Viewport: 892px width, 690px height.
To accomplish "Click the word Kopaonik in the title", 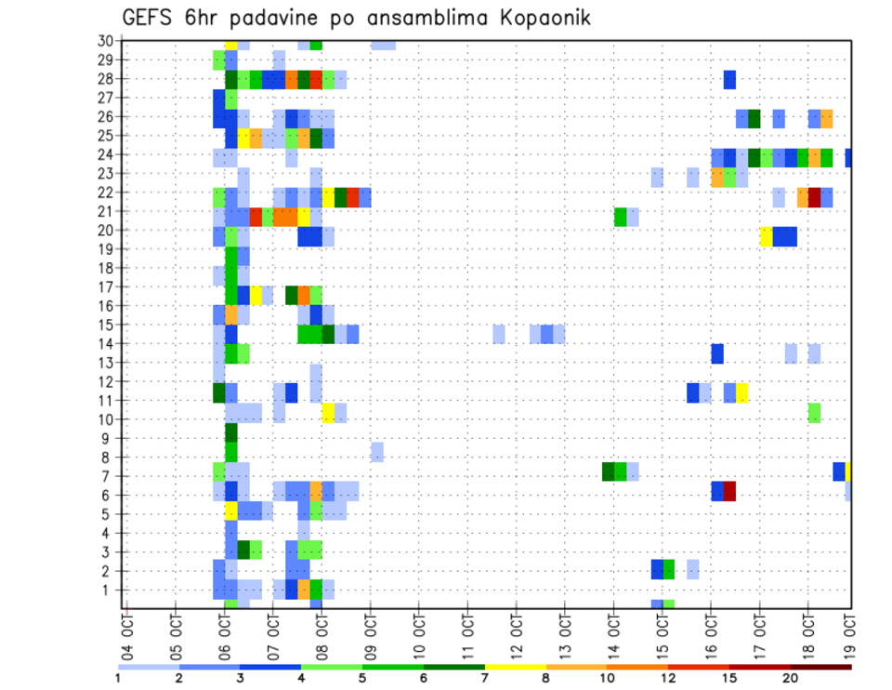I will click(x=543, y=18).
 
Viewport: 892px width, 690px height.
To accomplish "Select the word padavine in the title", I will click(x=269, y=18).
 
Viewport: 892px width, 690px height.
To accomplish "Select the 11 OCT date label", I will click(x=467, y=634).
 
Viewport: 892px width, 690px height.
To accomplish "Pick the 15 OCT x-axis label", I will click(x=662, y=634).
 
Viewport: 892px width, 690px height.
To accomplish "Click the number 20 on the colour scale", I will click(x=791, y=678).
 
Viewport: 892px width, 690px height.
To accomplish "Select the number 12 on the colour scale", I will click(x=668, y=678).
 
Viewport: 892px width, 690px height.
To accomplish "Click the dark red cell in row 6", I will click(x=729, y=490).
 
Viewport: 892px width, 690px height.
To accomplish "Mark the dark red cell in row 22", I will click(x=814, y=197).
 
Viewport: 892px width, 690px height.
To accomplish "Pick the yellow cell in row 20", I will click(x=767, y=236).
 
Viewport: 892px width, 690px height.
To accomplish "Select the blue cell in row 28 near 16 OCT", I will click(x=729, y=79).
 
